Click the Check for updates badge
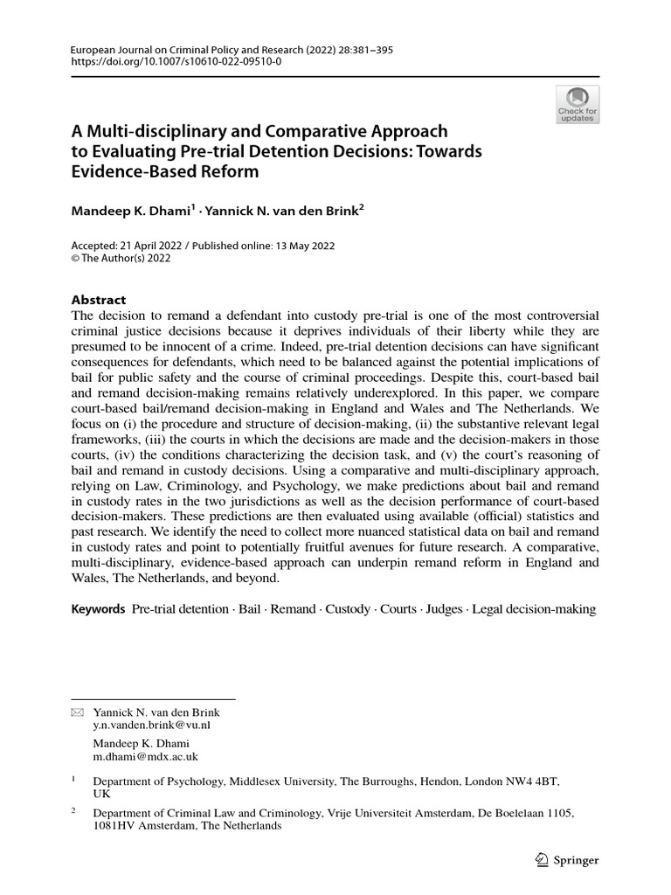pos(578,104)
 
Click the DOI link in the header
pos(176,64)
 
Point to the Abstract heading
pos(98,299)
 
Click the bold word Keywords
pos(98,608)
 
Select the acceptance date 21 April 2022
pos(148,246)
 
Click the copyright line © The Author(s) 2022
pos(121,259)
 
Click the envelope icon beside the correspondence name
pos(76,713)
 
